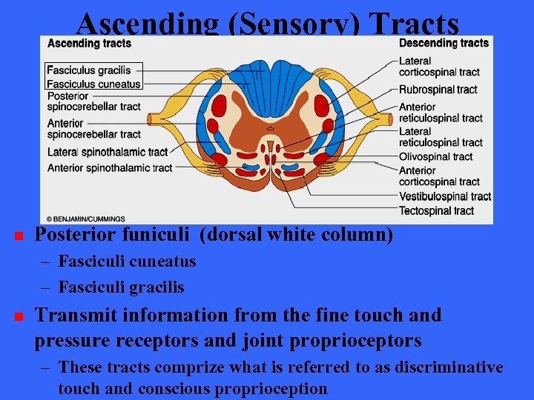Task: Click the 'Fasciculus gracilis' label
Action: pyautogui.click(x=88, y=71)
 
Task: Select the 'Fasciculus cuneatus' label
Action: pyautogui.click(x=93, y=84)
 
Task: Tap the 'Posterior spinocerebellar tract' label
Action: pyautogui.click(x=93, y=101)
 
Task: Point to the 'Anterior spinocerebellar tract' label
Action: pyautogui.click(x=93, y=129)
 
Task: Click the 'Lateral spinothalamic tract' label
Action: pyautogui.click(x=108, y=152)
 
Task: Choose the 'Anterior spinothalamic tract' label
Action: pyautogui.click(x=109, y=168)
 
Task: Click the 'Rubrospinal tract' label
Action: pyautogui.click(x=438, y=90)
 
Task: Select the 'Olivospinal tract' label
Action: pyautogui.click(x=435, y=156)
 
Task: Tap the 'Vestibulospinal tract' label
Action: pyautogui.click(x=445, y=196)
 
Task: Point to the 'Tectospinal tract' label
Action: pyautogui.click(x=436, y=210)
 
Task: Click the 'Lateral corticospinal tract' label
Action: pyautogui.click(x=439, y=67)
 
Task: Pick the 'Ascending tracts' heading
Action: pyautogui.click(x=89, y=43)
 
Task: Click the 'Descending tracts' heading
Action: pyautogui.click(x=444, y=43)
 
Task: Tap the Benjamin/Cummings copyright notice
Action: pyautogui.click(x=85, y=219)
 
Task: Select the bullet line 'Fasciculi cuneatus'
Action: pyautogui.click(x=127, y=261)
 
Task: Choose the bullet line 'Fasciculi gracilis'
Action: pyautogui.click(x=121, y=287)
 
